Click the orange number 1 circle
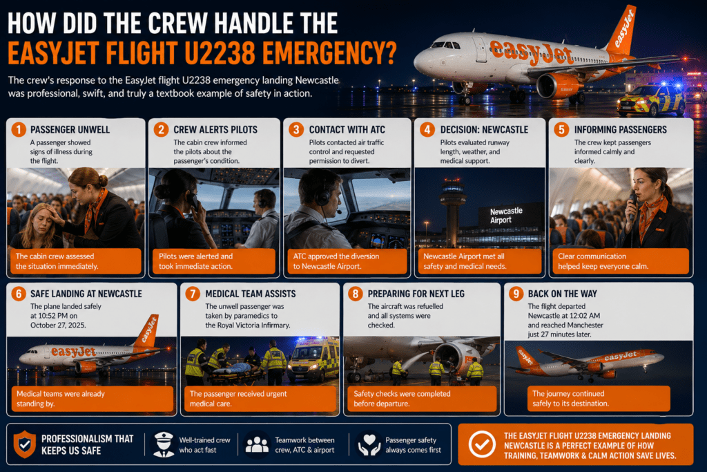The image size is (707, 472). pos(19,129)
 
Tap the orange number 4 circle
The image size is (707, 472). pos(427,129)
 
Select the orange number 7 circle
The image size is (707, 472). pos(193,294)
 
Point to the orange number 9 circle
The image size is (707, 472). pos(516,294)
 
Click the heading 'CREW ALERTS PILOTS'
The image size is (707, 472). pos(215,130)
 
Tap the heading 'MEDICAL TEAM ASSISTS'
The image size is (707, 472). pos(251,294)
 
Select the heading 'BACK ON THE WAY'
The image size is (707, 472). pos(562,294)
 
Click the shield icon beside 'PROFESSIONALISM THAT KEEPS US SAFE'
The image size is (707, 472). pos(25,444)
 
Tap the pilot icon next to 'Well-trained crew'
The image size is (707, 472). pos(164,444)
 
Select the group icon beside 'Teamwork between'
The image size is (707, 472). pos(257,445)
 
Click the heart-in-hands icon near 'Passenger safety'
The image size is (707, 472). pos(370,444)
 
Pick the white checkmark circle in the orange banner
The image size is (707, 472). pos(482,444)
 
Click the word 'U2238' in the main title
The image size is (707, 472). pos(220,53)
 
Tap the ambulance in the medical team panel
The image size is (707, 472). pos(313,359)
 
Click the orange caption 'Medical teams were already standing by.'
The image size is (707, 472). pos(61,399)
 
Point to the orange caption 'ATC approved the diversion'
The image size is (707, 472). pos(336,256)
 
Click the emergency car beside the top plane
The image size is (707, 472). pos(650,100)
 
